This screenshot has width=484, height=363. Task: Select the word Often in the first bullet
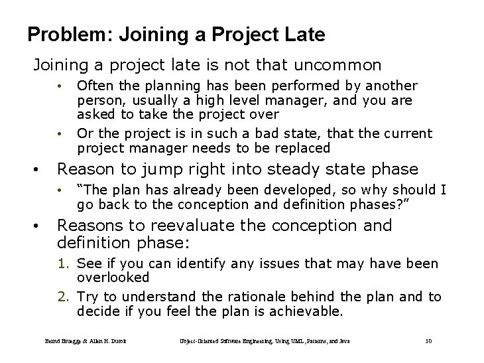[x=94, y=86]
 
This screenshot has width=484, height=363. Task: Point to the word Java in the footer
[x=343, y=341]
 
